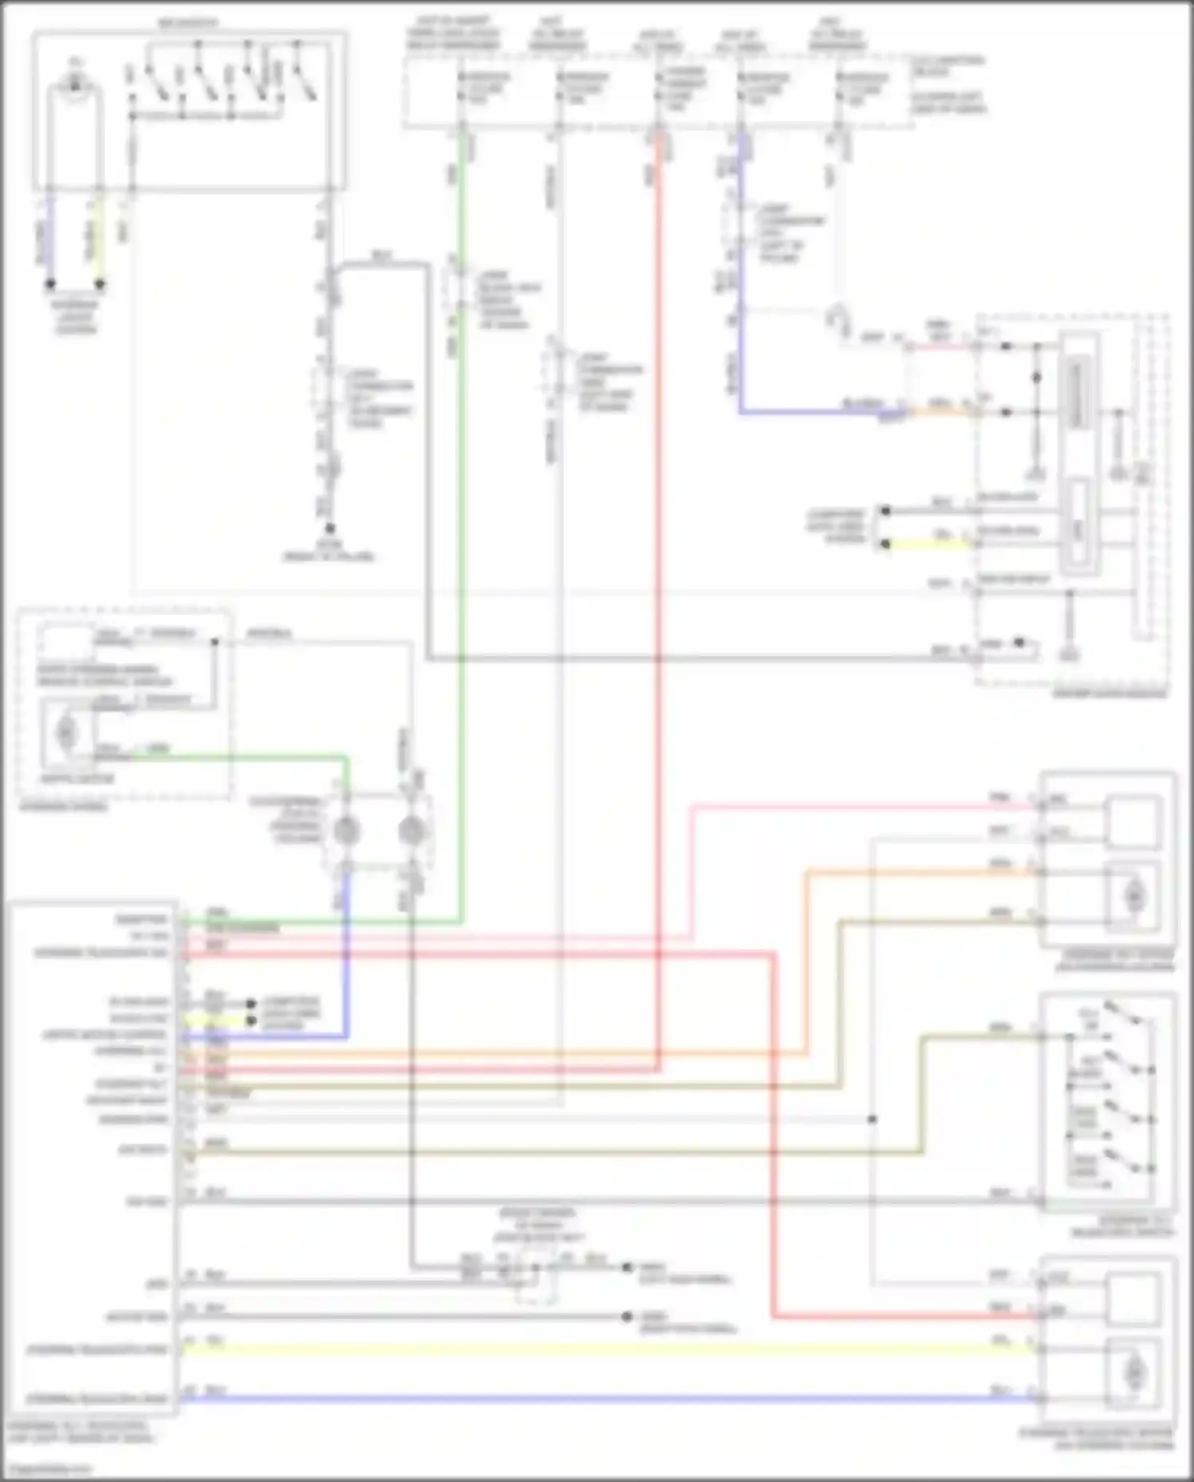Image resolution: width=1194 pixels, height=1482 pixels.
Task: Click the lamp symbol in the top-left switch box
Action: point(76,83)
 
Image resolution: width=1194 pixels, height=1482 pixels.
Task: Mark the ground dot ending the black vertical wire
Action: point(330,528)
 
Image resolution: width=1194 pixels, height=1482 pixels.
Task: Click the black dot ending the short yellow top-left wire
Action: point(99,283)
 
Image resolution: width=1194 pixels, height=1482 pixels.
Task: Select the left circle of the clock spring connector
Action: point(346,831)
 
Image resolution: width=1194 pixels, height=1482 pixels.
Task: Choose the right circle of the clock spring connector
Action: point(411,831)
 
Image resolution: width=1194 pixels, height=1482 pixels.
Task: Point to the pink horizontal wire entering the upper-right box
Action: point(860,807)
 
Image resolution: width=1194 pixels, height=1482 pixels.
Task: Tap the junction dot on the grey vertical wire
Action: point(872,1120)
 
